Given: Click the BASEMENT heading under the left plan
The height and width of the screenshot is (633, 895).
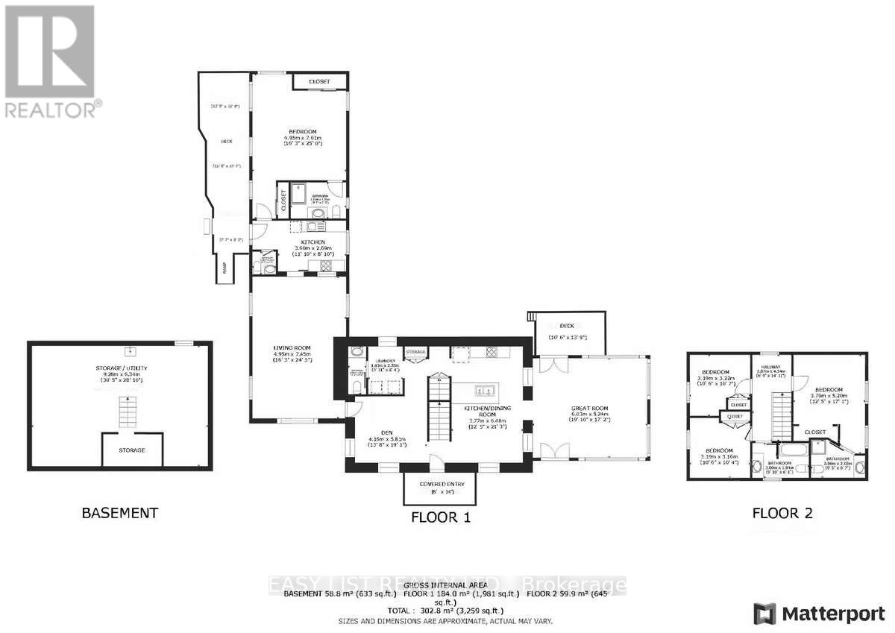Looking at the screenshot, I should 119,513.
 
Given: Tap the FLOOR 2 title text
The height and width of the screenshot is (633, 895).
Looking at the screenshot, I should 782,513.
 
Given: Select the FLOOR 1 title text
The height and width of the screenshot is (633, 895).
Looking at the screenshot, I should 441,517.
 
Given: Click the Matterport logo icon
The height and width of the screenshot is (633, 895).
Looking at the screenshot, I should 765,614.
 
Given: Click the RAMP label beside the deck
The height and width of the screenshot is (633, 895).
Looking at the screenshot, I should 224,269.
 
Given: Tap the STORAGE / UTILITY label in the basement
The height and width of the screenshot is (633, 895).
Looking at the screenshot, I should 119,368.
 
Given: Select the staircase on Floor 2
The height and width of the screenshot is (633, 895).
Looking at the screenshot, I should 780,413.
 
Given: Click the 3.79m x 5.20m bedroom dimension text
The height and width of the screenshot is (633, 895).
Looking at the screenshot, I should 829,396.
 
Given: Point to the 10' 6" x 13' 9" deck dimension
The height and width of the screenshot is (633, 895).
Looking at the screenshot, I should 568,338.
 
